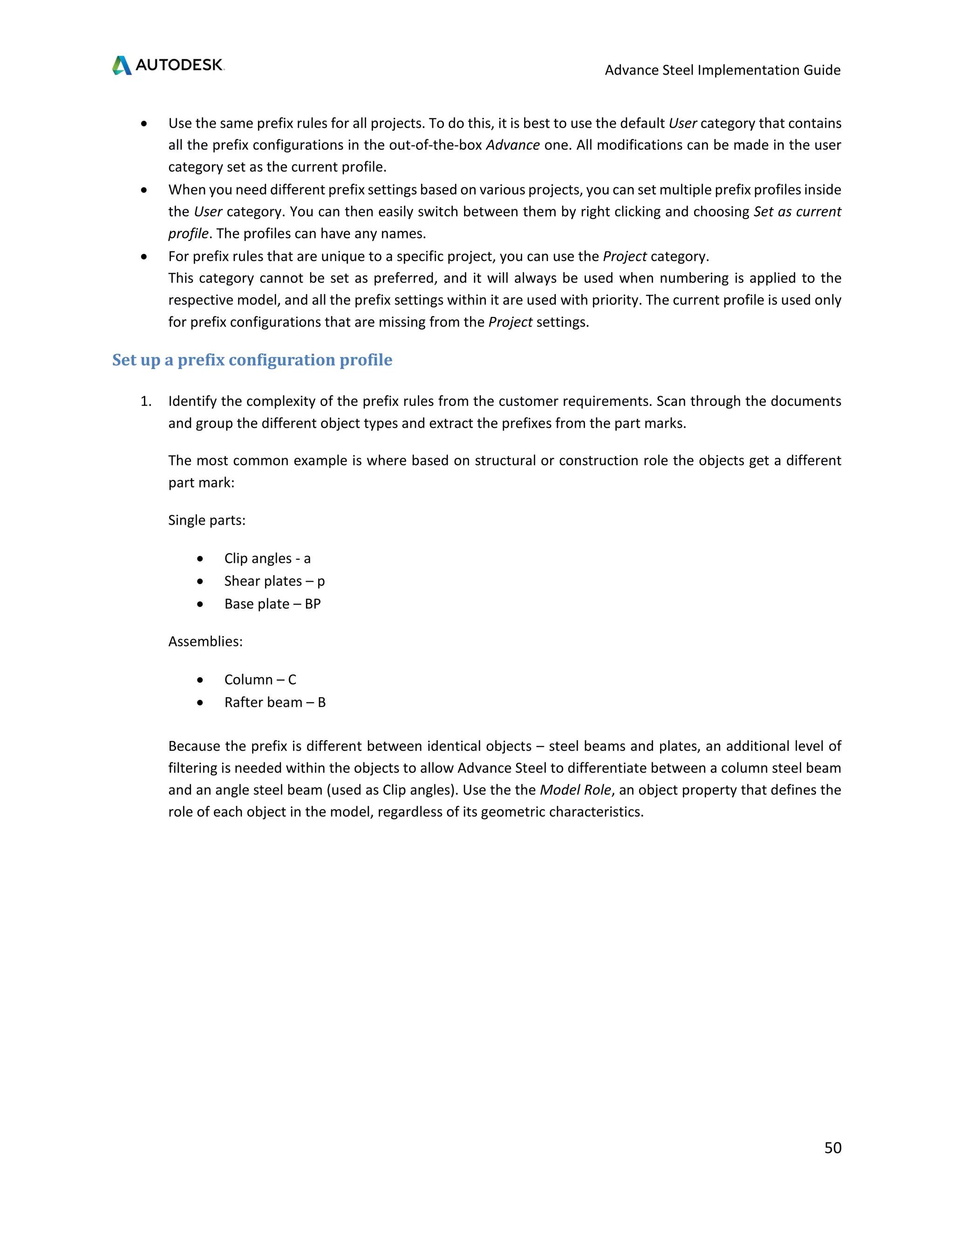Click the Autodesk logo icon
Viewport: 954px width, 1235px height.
122,65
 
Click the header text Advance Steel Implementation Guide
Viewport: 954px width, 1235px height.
722,70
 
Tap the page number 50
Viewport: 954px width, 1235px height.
832,1147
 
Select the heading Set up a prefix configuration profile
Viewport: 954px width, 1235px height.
252,360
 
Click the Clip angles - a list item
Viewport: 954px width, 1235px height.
267,558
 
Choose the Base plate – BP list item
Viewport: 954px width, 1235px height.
273,604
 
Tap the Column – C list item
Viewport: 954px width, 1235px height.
260,679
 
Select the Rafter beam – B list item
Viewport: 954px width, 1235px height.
275,702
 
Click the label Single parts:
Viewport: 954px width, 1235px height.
207,520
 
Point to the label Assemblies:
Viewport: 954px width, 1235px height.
205,641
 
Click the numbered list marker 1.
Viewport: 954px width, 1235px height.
146,401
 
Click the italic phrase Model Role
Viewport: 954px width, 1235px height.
575,790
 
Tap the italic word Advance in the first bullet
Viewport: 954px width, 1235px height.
512,145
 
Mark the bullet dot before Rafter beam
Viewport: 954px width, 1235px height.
200,703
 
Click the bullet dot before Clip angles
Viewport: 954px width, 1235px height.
200,559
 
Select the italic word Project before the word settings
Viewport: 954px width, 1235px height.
510,322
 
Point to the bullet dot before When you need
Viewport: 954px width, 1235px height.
145,191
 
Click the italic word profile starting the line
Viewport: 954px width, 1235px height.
188,233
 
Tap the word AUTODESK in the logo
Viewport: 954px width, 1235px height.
179,65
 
